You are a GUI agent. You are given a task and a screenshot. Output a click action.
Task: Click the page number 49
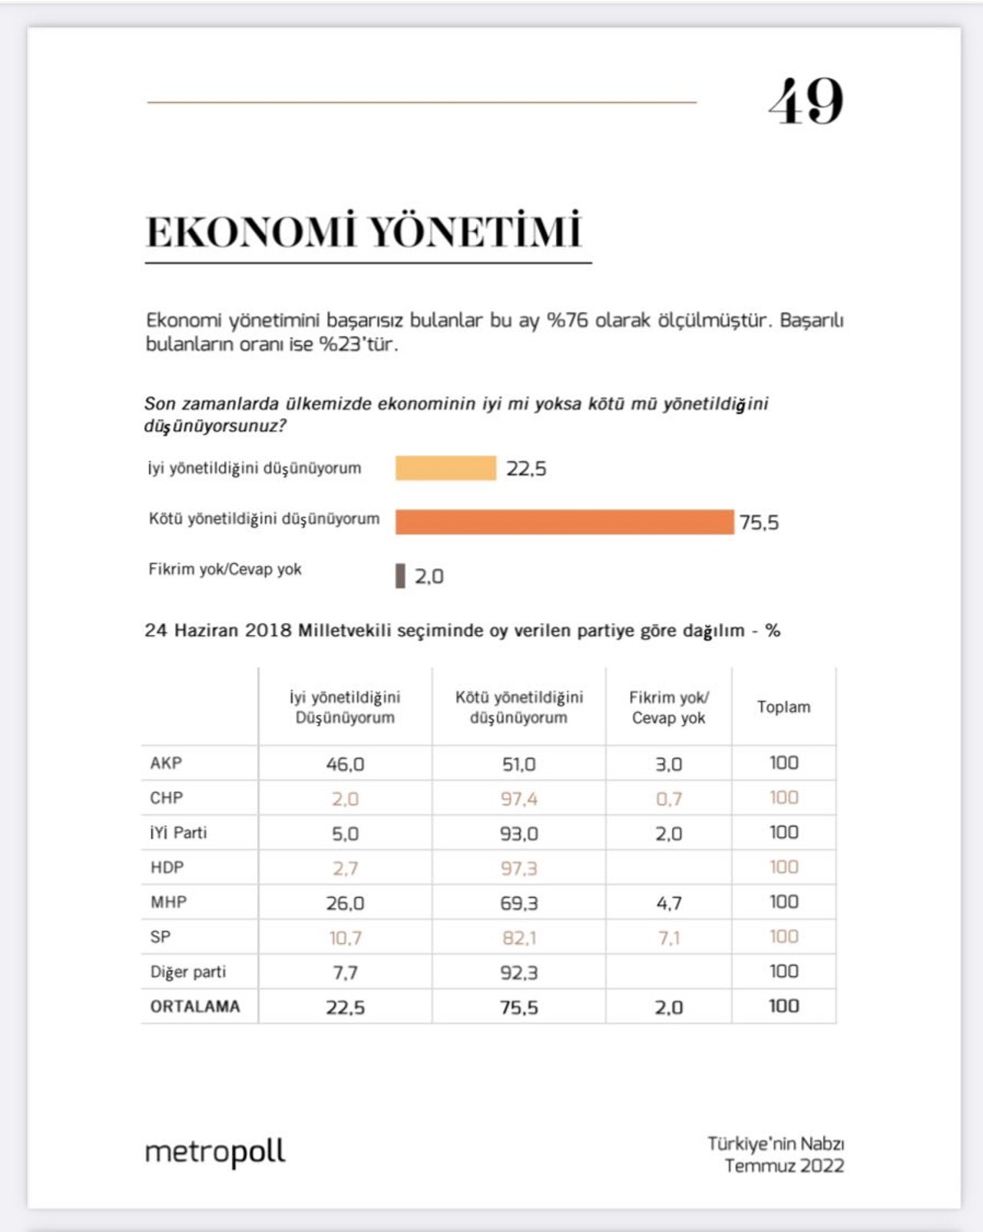(806, 101)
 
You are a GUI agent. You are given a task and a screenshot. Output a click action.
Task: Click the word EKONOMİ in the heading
(252, 232)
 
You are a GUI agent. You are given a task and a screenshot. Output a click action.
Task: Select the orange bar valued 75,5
(564, 522)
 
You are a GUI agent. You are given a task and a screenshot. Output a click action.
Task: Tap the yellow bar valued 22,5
(445, 468)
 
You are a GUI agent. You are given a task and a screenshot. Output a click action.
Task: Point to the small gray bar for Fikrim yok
(400, 576)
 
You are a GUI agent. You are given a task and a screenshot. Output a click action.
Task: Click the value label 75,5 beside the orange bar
(759, 522)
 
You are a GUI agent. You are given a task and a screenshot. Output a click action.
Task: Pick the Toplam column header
(783, 707)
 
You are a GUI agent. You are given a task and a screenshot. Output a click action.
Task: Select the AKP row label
(166, 763)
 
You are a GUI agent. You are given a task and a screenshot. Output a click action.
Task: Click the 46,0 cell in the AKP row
(345, 764)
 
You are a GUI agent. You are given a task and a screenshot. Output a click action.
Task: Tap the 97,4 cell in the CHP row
(519, 799)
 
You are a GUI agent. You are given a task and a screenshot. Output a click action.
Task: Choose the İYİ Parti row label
(178, 833)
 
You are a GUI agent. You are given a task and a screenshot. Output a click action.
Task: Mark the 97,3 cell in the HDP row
(519, 869)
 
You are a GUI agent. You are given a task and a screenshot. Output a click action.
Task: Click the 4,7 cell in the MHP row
(669, 903)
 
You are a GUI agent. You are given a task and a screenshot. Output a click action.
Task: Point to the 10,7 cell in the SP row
(345, 938)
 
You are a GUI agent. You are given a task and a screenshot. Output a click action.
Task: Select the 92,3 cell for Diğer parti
(519, 972)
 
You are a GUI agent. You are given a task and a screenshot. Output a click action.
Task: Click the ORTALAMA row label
(195, 1006)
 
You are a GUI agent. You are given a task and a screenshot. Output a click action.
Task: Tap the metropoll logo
(215, 1151)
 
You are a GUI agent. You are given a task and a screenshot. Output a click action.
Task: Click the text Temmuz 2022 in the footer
(784, 1166)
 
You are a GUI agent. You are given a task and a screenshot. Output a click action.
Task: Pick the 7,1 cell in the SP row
(669, 938)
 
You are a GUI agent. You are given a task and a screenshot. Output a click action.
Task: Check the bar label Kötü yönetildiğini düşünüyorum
(264, 518)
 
